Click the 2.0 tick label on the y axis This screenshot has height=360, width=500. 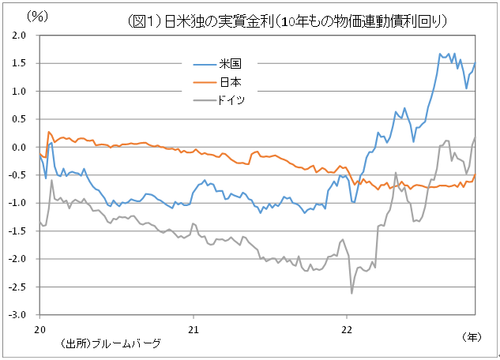[18, 36]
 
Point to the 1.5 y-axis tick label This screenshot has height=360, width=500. [18, 64]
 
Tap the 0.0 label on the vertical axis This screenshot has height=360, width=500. [18, 148]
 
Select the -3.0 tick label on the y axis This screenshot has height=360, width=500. [17, 315]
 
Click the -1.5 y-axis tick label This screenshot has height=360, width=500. [17, 231]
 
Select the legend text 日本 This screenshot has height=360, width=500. [231, 82]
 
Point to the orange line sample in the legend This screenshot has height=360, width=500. [203, 82]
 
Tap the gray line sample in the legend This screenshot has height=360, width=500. [203, 100]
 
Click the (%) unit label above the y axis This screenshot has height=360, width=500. [37, 15]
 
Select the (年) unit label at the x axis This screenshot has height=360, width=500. [470, 337]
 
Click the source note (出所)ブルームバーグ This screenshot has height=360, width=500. [110, 343]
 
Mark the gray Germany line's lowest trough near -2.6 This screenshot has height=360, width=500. [352, 293]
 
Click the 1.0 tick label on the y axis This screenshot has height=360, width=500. [18, 92]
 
